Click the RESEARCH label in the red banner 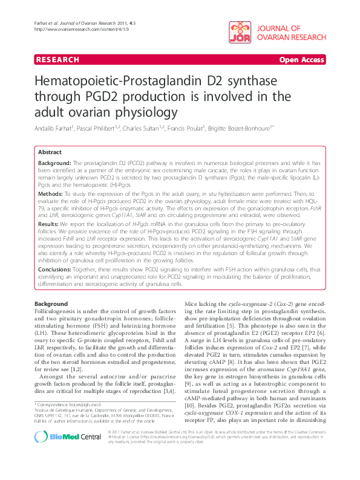click(57, 60)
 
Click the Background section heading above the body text click(51, 303)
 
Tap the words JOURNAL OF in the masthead click(279, 28)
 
